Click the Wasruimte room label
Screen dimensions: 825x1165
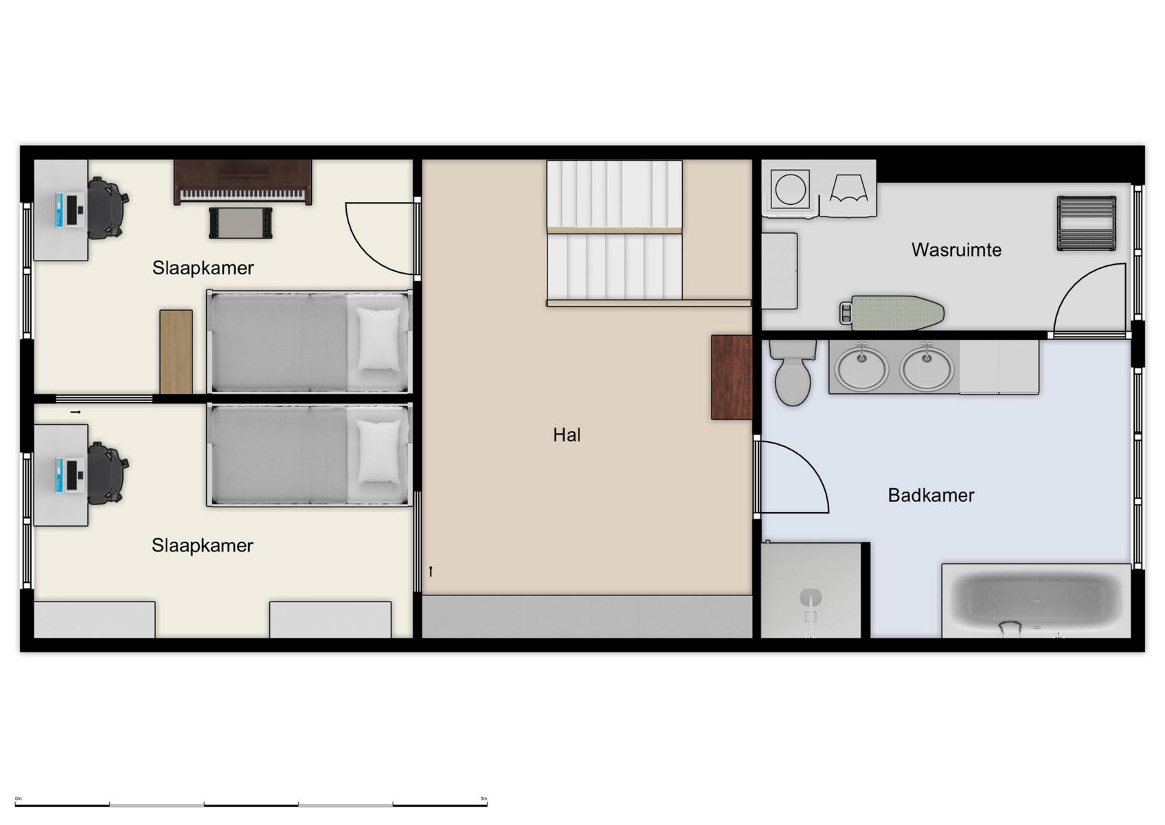click(955, 250)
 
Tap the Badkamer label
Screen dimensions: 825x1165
click(931, 495)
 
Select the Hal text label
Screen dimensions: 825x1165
click(567, 434)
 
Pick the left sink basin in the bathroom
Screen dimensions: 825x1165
click(861, 368)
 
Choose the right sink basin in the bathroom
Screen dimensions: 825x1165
click(927, 368)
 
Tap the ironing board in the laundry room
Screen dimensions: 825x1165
click(893, 312)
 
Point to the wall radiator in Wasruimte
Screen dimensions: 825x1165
click(1086, 223)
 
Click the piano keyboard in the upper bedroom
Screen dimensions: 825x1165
click(242, 195)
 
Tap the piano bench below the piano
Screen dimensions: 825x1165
click(240, 223)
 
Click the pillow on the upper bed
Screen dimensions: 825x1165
click(378, 339)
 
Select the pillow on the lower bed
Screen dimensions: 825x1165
click(378, 451)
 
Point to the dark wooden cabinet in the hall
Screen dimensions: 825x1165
click(732, 377)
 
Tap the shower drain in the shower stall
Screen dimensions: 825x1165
click(811, 596)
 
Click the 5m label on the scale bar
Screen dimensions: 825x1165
click(484, 799)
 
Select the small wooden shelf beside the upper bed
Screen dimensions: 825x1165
click(176, 351)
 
